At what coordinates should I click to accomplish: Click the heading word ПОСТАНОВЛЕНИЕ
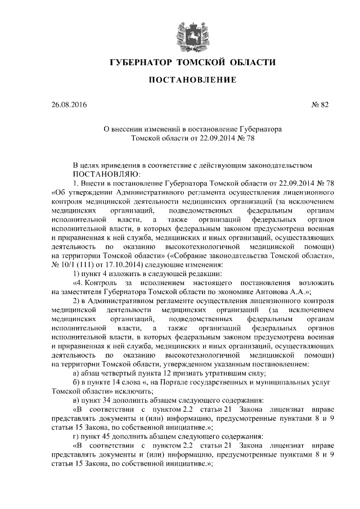click(x=192, y=80)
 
